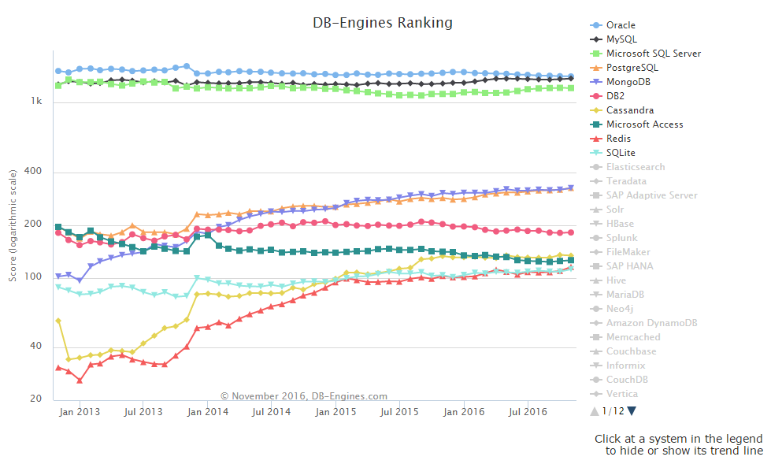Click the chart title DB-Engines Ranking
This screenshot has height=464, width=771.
point(383,23)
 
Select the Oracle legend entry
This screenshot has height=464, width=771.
point(621,25)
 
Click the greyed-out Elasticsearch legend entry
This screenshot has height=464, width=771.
point(635,167)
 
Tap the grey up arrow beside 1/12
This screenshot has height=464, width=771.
point(595,410)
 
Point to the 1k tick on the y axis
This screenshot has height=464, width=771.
point(36,102)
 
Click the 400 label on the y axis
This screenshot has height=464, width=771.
point(34,173)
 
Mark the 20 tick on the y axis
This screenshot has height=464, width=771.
point(36,399)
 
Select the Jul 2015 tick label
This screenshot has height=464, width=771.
point(400,412)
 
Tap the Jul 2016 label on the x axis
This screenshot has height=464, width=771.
point(528,412)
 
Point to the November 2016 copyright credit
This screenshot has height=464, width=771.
point(304,396)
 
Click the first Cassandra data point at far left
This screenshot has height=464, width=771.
point(58,321)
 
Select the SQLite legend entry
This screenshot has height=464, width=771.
point(621,153)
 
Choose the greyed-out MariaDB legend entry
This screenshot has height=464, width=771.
point(625,295)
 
